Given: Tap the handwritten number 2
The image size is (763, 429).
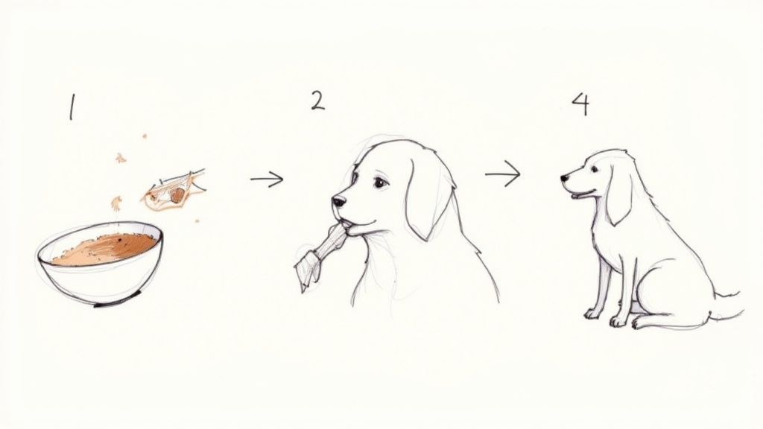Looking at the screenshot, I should pyautogui.click(x=318, y=100).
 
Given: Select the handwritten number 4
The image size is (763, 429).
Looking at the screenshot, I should pyautogui.click(x=580, y=104).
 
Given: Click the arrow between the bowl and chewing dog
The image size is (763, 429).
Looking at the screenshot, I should pyautogui.click(x=267, y=179).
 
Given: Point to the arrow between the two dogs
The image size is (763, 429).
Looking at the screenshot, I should pyautogui.click(x=503, y=175).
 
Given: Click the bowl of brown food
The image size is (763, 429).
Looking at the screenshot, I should pyautogui.click(x=101, y=264).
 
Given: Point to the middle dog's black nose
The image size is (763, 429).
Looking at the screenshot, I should pyautogui.click(x=338, y=202).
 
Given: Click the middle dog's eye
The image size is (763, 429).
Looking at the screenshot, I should pyautogui.click(x=380, y=182).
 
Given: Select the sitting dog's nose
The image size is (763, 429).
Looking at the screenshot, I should pyautogui.click(x=565, y=179).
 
